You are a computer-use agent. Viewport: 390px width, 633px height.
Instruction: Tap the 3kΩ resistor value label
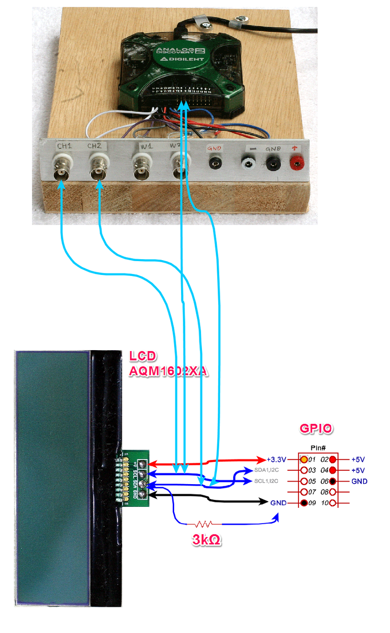pos(206,540)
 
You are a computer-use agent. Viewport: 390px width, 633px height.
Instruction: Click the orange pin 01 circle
pos(304,459)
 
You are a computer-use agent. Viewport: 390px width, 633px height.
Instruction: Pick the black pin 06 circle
pos(333,481)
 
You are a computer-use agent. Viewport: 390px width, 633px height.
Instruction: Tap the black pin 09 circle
pos(304,503)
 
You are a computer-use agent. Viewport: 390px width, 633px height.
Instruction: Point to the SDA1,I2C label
pos(267,470)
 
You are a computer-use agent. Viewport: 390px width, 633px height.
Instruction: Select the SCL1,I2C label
pos(267,481)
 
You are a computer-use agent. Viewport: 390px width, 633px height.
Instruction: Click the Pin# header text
pos(318,448)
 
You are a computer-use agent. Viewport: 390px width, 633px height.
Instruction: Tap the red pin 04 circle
pos(333,470)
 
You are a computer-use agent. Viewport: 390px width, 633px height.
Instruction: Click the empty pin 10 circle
pos(333,503)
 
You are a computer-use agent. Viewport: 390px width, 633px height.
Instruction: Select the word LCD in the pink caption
pos(143,356)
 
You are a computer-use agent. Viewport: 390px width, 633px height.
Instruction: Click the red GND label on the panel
pos(215,147)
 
